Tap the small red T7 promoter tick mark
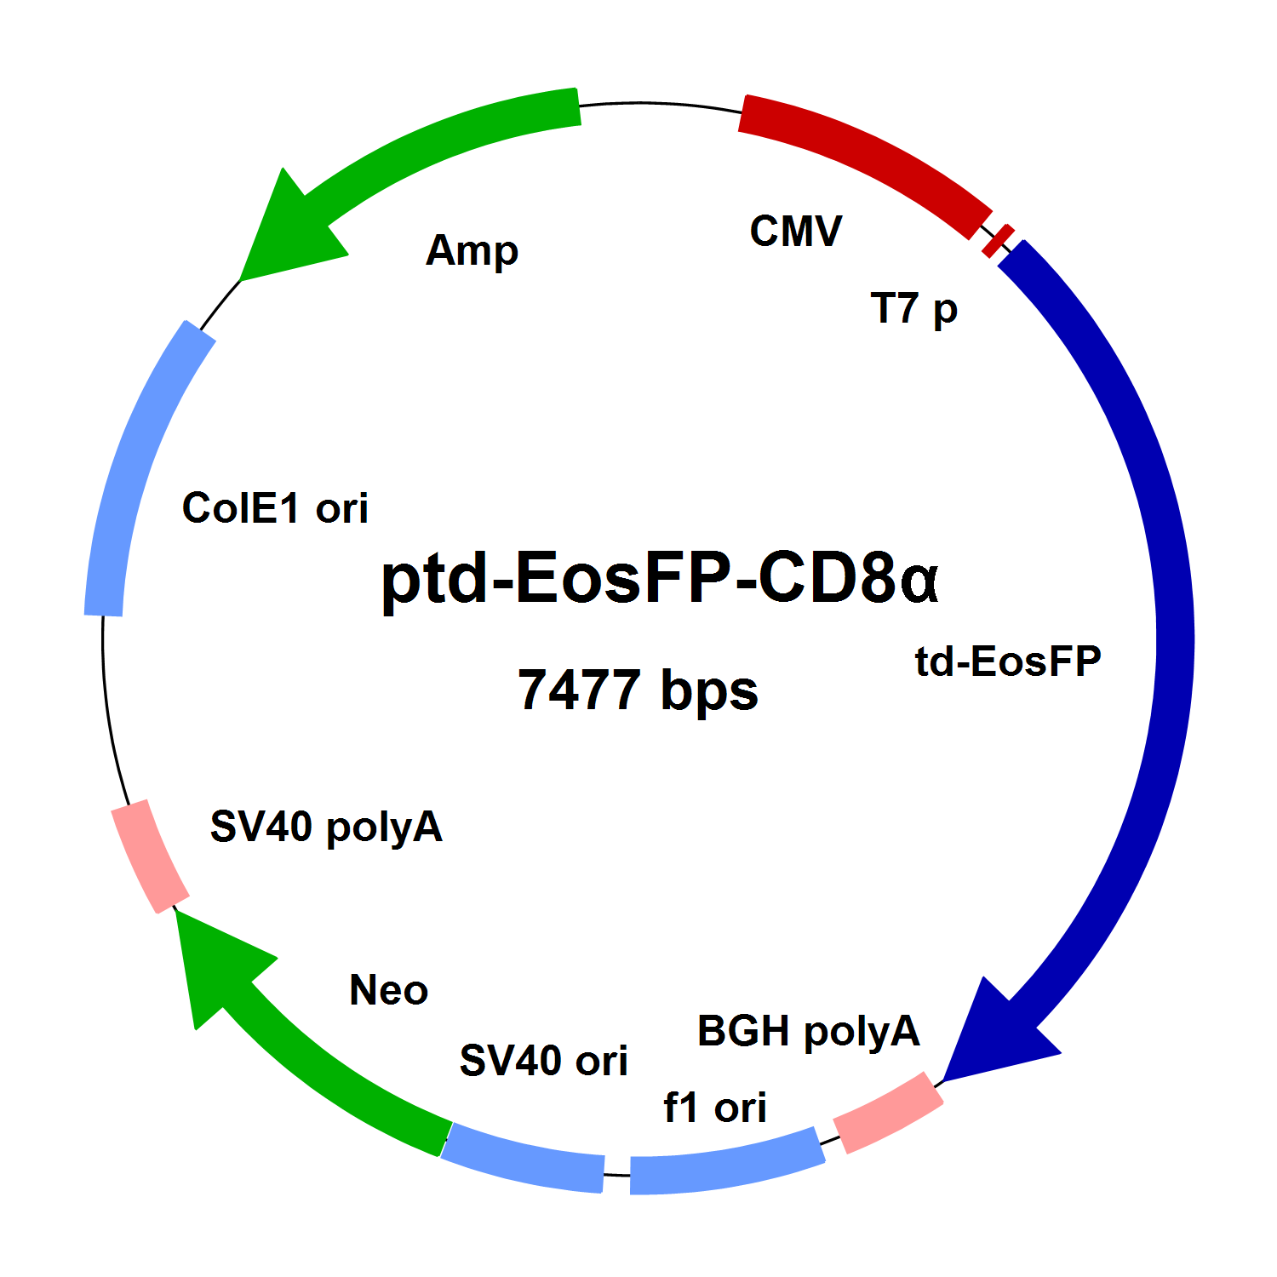(998, 240)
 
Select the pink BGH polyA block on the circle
(888, 1113)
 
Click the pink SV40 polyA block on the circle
(150, 856)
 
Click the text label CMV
(796, 232)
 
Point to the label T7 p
(913, 309)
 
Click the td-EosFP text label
(1008, 661)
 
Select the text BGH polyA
(808, 1032)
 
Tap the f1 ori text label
(715, 1108)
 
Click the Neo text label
(388, 990)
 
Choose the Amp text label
(472, 251)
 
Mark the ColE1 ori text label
(275, 508)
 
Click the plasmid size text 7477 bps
(638, 690)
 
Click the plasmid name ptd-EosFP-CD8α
(660, 578)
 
